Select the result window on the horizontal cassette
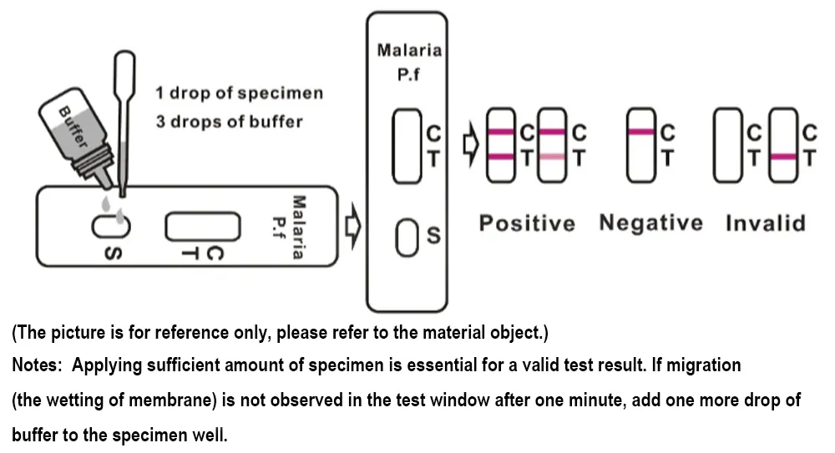click(x=202, y=225)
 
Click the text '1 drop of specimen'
click(x=239, y=93)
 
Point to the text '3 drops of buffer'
click(x=229, y=122)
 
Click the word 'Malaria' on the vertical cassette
click(x=408, y=50)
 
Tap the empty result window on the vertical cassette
click(x=408, y=148)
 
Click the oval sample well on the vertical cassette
click(x=407, y=238)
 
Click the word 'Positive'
click(x=527, y=224)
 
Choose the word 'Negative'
click(x=651, y=224)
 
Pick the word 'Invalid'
click(x=766, y=224)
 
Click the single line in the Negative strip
click(x=640, y=132)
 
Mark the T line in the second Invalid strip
click(x=783, y=157)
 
